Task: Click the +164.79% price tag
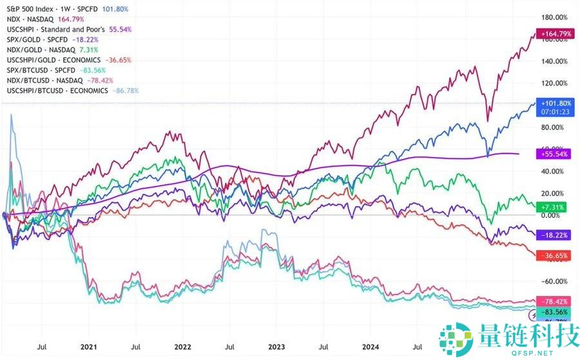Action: pyautogui.click(x=557, y=33)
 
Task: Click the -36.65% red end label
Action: pyautogui.click(x=556, y=256)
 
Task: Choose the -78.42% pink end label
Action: pyautogui.click(x=556, y=301)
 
